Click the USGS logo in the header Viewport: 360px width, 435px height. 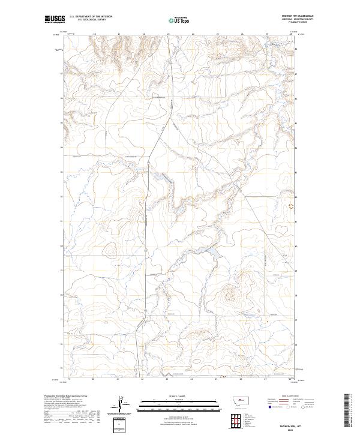55,20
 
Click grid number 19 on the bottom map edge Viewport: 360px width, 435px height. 68,379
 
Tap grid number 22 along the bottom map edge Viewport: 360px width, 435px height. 142,379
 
